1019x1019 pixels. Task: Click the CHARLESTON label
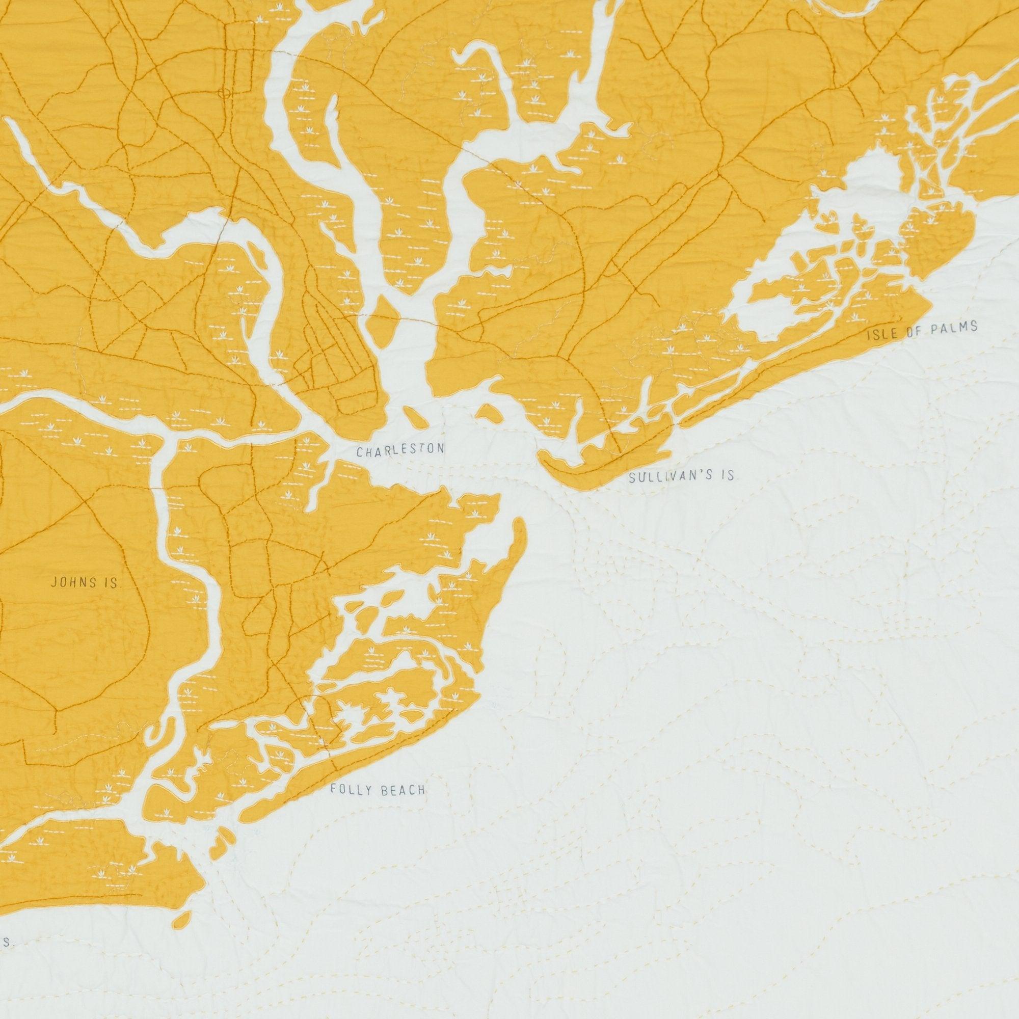(x=400, y=450)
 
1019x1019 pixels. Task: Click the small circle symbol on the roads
(x=226, y=93)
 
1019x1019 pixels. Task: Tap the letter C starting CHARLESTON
(x=359, y=452)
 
